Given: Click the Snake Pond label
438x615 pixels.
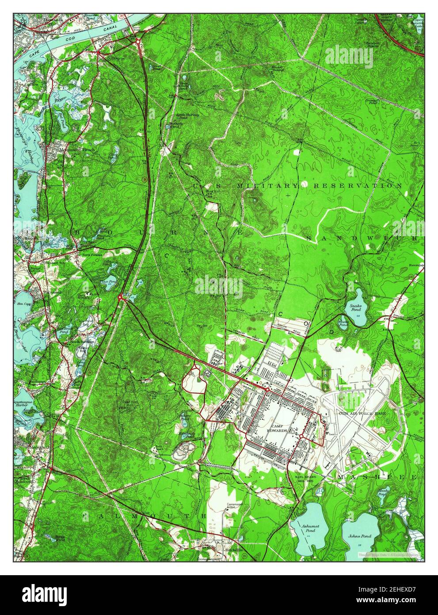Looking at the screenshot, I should (x=356, y=307).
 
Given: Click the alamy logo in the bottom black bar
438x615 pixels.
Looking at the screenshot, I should (x=45, y=594).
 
